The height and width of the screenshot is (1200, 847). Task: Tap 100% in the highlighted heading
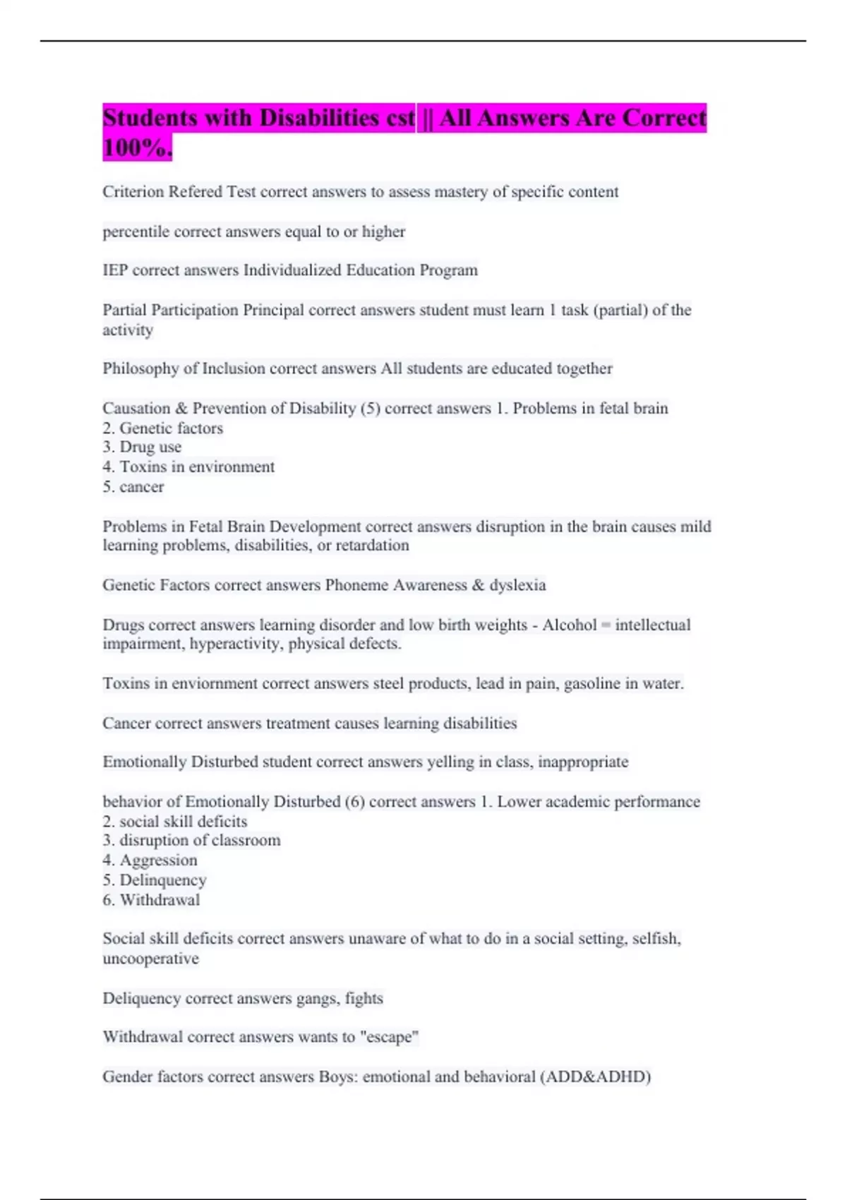(x=137, y=148)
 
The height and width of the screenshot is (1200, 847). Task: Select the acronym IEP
(x=115, y=270)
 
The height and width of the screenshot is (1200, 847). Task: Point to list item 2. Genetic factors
(x=162, y=428)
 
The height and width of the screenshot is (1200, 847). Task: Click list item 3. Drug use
(x=142, y=447)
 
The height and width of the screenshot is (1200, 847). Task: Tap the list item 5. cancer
(x=133, y=486)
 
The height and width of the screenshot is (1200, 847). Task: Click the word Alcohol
(x=569, y=625)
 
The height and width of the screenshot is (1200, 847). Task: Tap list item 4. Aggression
(x=150, y=860)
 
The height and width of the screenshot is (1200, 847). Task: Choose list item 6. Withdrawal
(x=151, y=900)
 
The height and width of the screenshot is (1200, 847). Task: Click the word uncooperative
(x=150, y=959)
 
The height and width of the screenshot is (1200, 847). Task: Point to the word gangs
(x=316, y=998)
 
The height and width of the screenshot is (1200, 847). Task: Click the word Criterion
(x=133, y=192)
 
